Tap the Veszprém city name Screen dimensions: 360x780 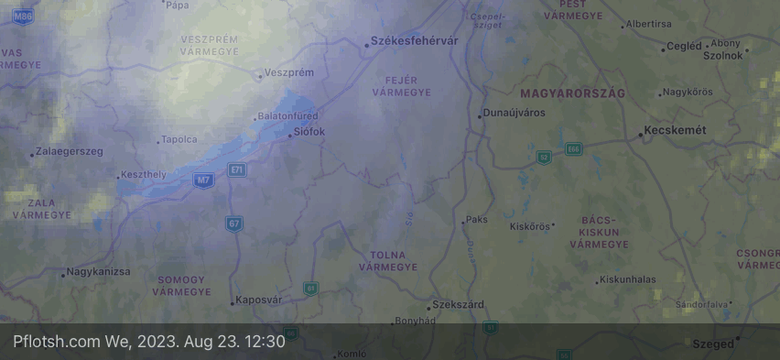pyautogui.click(x=288, y=72)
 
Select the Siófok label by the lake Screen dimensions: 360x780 pyautogui.click(x=309, y=132)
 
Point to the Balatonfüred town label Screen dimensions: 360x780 pyautogui.click(x=289, y=116)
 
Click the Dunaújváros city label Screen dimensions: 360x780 pyautogui.click(x=515, y=113)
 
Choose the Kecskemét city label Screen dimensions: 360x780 pyautogui.click(x=677, y=131)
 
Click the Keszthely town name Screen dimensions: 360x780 pyautogui.click(x=145, y=174)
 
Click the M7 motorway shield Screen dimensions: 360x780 pyautogui.click(x=203, y=180)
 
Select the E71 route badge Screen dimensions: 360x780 pyautogui.click(x=237, y=169)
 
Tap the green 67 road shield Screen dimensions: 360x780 pyautogui.click(x=234, y=223)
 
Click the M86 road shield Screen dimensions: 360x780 pyautogui.click(x=23, y=16)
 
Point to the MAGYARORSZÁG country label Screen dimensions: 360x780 pyautogui.click(x=572, y=94)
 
